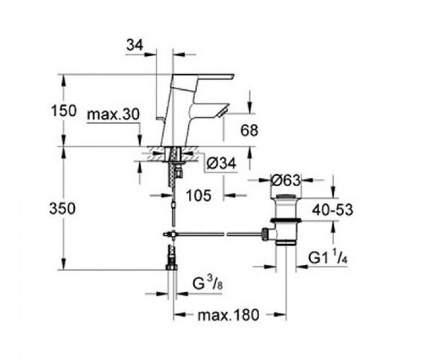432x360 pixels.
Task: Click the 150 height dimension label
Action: point(63,111)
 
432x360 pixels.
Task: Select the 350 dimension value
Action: point(62,208)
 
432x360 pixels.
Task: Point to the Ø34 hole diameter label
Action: point(221,164)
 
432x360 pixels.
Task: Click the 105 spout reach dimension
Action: point(199,196)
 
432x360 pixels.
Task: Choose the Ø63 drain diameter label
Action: point(285,181)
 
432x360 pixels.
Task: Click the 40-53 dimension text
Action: point(332,210)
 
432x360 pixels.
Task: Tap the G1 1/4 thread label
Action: point(327,258)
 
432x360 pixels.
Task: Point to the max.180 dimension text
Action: point(228,315)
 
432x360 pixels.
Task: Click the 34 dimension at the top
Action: point(135,45)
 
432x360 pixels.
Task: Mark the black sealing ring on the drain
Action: point(286,220)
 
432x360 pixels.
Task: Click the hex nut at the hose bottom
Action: point(172,267)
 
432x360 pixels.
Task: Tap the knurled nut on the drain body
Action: point(265,234)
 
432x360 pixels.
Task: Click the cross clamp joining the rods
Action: point(172,234)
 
